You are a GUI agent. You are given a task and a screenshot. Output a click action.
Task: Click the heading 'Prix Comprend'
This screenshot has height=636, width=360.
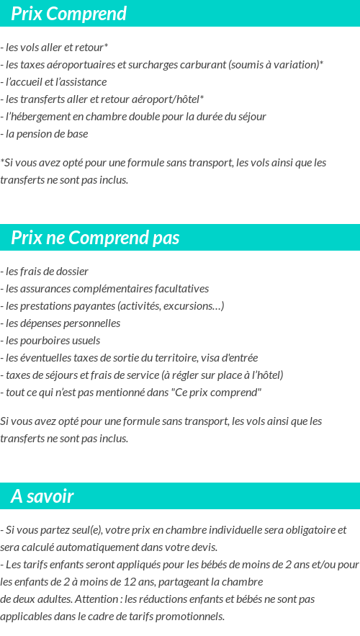(x=68, y=14)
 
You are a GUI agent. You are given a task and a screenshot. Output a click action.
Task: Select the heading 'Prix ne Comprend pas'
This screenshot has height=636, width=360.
(x=95, y=238)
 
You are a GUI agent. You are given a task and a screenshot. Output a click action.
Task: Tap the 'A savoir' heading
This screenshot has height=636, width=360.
(x=42, y=496)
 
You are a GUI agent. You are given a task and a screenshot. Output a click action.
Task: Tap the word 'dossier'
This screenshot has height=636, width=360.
(x=72, y=272)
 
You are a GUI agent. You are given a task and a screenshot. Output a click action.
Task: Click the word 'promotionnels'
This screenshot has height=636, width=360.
(x=192, y=617)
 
